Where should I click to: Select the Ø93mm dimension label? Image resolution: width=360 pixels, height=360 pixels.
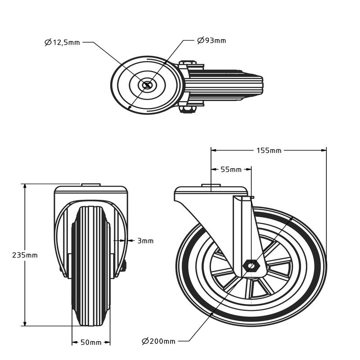[211, 41]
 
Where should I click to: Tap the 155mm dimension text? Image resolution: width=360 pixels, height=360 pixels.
[269, 150]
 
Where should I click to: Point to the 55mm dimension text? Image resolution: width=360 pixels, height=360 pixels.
[231, 170]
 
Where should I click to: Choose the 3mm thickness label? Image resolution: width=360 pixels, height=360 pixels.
[145, 241]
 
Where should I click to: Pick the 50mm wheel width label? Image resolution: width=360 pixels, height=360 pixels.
[91, 343]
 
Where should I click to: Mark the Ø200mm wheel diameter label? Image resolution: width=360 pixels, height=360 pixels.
[159, 341]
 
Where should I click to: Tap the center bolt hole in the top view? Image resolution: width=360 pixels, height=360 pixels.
[147, 85]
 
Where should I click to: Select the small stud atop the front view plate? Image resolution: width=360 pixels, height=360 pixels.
[91, 184]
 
